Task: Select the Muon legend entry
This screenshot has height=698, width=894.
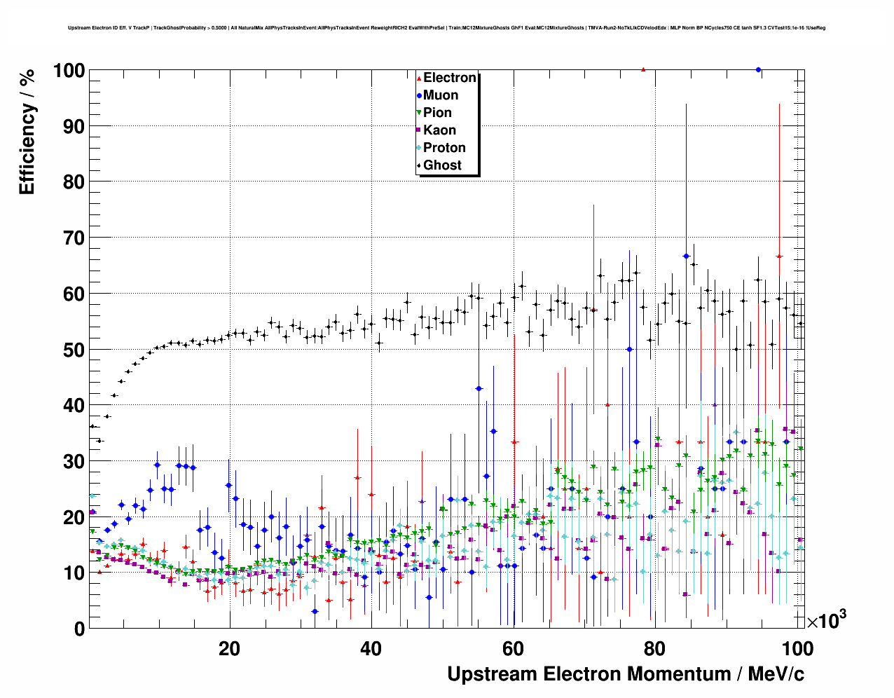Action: coord(440,95)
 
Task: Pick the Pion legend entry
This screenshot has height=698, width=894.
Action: coord(437,113)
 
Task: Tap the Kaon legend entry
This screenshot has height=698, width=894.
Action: coord(439,130)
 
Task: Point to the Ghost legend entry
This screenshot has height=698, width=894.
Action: coord(442,165)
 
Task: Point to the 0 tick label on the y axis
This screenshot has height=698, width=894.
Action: coord(79,629)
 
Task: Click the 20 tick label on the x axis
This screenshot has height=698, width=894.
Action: coord(229,649)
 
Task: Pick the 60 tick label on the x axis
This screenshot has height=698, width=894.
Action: coord(513,649)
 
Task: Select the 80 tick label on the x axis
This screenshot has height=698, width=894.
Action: coord(655,649)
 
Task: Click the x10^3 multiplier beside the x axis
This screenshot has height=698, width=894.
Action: coord(826,620)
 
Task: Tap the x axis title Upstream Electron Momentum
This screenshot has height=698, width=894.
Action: coord(626,674)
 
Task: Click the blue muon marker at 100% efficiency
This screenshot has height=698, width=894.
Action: coord(758,69)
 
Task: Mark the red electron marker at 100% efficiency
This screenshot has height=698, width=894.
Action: coord(643,69)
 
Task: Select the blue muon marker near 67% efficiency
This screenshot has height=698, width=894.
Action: coord(686,256)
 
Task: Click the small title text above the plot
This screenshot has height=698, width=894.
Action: coord(446,28)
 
